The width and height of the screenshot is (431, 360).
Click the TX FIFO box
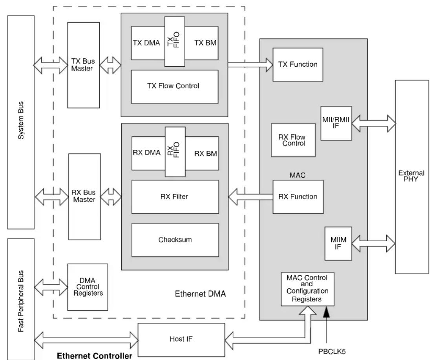[x=175, y=42]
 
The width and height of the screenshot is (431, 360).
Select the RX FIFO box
[x=175, y=152]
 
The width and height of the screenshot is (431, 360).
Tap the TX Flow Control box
[x=175, y=87]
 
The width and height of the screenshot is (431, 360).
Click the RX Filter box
[x=175, y=197]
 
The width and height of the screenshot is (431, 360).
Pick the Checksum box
[x=175, y=240]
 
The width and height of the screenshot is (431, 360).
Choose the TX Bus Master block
[x=84, y=65]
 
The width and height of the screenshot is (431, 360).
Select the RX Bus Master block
[x=84, y=196]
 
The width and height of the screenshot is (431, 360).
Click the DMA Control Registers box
[x=88, y=287]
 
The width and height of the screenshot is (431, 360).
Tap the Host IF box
[x=181, y=340]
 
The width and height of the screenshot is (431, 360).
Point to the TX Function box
[x=298, y=65]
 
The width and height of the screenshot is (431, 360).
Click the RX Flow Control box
[x=293, y=140]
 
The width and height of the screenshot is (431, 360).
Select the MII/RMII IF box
[x=336, y=123]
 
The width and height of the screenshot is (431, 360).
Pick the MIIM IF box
[x=338, y=244]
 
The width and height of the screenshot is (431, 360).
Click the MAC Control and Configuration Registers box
[x=308, y=289]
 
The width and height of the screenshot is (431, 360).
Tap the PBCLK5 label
[x=332, y=351]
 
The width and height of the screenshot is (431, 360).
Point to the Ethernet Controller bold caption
[x=95, y=356]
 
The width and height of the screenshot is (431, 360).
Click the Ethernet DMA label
[x=200, y=294]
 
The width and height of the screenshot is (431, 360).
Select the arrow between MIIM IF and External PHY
[x=374, y=244]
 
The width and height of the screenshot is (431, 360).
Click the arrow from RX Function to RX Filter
[x=250, y=197]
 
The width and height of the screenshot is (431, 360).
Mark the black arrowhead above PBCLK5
[x=326, y=312]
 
